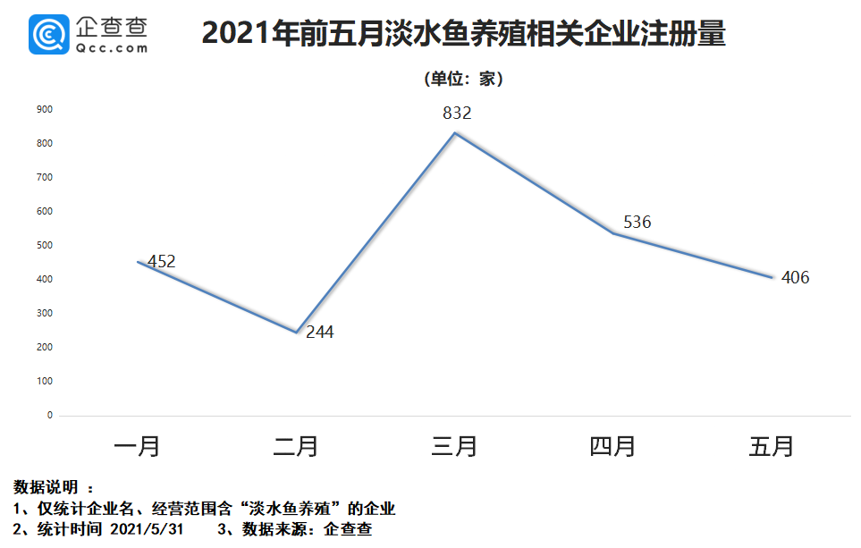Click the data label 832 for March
click(456, 114)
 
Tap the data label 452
click(162, 262)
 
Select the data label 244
click(320, 333)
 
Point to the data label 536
click(637, 223)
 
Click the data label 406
click(795, 278)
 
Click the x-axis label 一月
click(138, 445)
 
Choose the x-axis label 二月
click(296, 445)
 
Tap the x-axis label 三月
click(455, 445)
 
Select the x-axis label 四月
click(613, 445)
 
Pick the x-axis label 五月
click(772, 445)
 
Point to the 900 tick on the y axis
click(45, 109)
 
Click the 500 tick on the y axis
click(45, 245)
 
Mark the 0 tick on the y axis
click(50, 416)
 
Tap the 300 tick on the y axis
click(45, 313)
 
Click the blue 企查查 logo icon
click(49, 34)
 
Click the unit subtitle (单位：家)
click(463, 79)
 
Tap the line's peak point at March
click(455, 133)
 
